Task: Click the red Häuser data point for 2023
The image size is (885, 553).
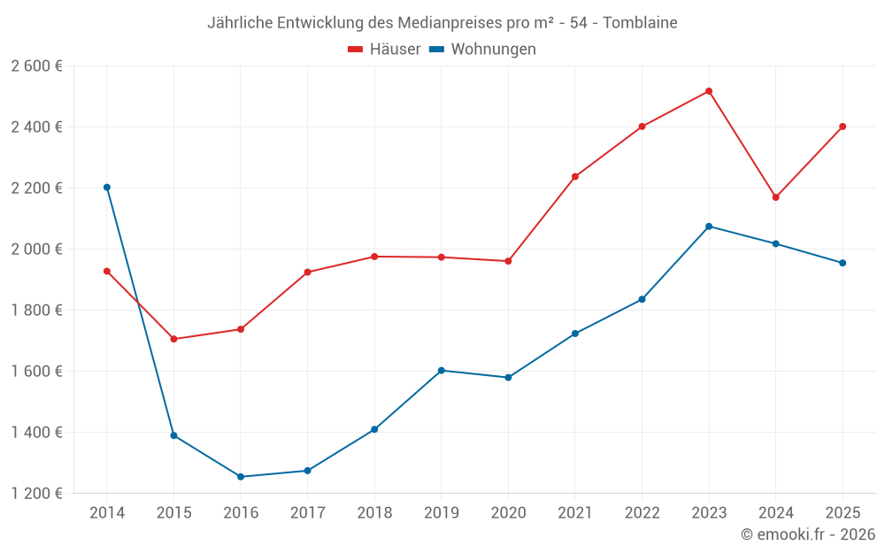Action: click(709, 91)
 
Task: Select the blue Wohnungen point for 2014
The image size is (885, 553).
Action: click(107, 188)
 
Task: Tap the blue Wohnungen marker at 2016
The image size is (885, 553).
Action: click(241, 477)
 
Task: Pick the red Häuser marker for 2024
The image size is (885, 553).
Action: click(776, 197)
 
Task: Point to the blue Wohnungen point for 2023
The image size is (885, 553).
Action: click(709, 227)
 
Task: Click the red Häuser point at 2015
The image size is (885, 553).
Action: click(173, 339)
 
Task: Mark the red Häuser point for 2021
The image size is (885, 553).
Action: click(575, 177)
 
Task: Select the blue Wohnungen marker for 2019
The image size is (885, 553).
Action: click(442, 371)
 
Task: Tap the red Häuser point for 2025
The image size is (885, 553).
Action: click(843, 127)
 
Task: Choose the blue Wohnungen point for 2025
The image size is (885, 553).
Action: click(843, 263)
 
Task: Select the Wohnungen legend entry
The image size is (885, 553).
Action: click(483, 50)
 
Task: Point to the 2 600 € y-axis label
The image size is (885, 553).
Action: click(37, 66)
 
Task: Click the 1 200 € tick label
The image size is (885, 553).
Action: click(37, 494)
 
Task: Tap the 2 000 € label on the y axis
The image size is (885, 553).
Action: click(37, 250)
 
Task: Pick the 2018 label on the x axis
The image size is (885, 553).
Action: click(374, 513)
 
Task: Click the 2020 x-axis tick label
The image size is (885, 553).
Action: click(508, 513)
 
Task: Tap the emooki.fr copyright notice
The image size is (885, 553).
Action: click(808, 534)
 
